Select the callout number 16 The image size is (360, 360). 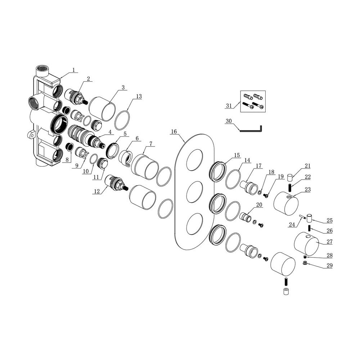[174, 132]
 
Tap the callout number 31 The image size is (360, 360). [228, 105]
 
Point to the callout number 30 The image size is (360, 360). [228, 121]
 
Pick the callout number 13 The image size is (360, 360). [139, 96]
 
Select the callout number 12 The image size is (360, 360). [96, 192]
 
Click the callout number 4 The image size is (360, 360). [108, 132]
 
